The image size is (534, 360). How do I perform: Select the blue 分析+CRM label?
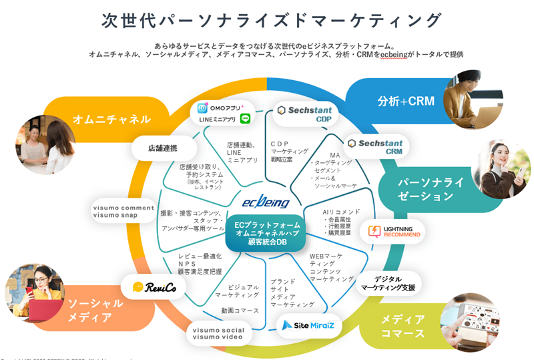[405, 102]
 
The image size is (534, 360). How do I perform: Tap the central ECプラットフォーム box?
[266, 232]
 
